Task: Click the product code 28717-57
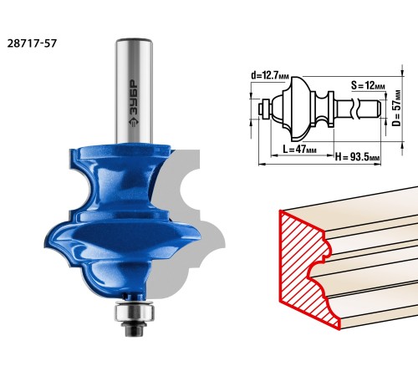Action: [32, 43]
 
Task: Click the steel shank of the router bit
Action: [135, 90]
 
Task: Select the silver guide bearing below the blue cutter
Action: [134, 312]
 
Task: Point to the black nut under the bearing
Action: [135, 329]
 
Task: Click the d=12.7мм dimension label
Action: [270, 75]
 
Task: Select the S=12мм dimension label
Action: [368, 85]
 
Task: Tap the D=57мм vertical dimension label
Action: [396, 108]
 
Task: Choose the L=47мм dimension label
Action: [299, 150]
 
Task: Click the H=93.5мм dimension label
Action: [357, 157]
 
